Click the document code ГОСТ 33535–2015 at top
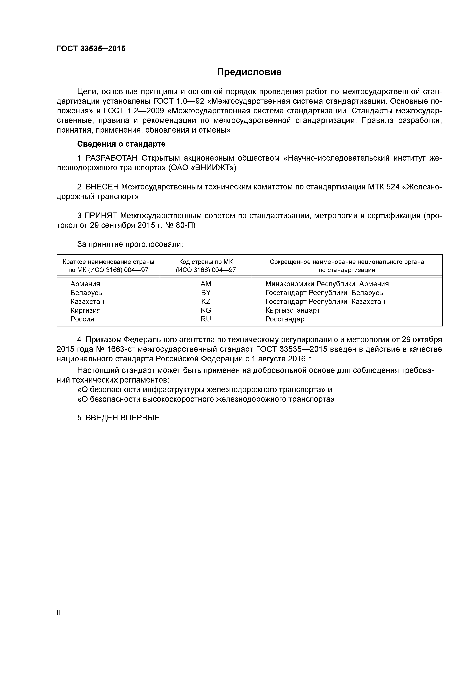[91, 49]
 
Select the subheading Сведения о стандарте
[121, 144]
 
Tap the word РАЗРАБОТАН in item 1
[112, 158]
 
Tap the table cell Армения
[85, 284]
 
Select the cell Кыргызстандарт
[292, 310]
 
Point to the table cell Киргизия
[85, 310]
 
